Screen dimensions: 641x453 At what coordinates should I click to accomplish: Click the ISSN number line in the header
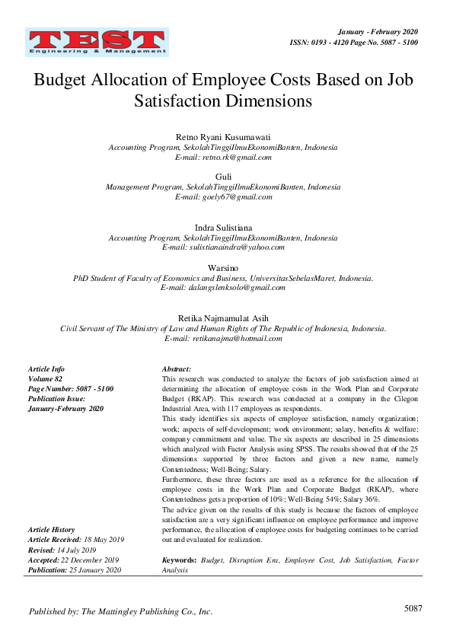355,43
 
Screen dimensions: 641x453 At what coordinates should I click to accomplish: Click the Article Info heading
46,368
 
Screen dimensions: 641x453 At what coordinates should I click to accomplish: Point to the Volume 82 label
45,378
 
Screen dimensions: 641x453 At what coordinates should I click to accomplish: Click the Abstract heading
177,368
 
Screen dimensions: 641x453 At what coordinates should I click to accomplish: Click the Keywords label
180,560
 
